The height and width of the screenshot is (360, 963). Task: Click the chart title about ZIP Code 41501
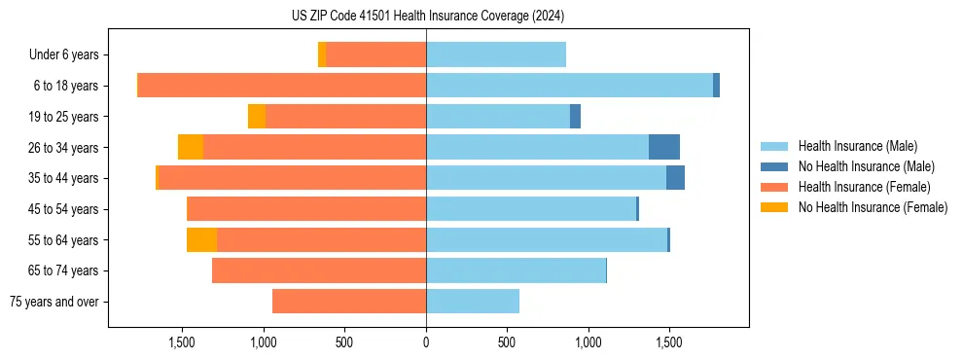426,16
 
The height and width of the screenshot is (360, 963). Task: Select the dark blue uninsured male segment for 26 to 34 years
664,147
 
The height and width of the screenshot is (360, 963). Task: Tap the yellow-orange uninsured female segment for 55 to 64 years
201,239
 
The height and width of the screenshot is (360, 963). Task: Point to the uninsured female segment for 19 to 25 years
257,117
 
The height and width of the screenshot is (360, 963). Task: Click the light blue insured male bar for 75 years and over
473,302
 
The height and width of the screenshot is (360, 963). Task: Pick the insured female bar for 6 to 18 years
282,86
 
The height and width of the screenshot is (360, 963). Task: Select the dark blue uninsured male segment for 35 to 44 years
675,178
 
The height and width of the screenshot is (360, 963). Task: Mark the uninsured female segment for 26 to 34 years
191,147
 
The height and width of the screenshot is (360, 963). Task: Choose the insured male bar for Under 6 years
496,54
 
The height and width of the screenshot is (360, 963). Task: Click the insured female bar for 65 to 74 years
319,270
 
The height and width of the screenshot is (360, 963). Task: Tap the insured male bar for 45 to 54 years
531,209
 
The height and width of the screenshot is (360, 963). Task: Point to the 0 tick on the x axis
426,343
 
